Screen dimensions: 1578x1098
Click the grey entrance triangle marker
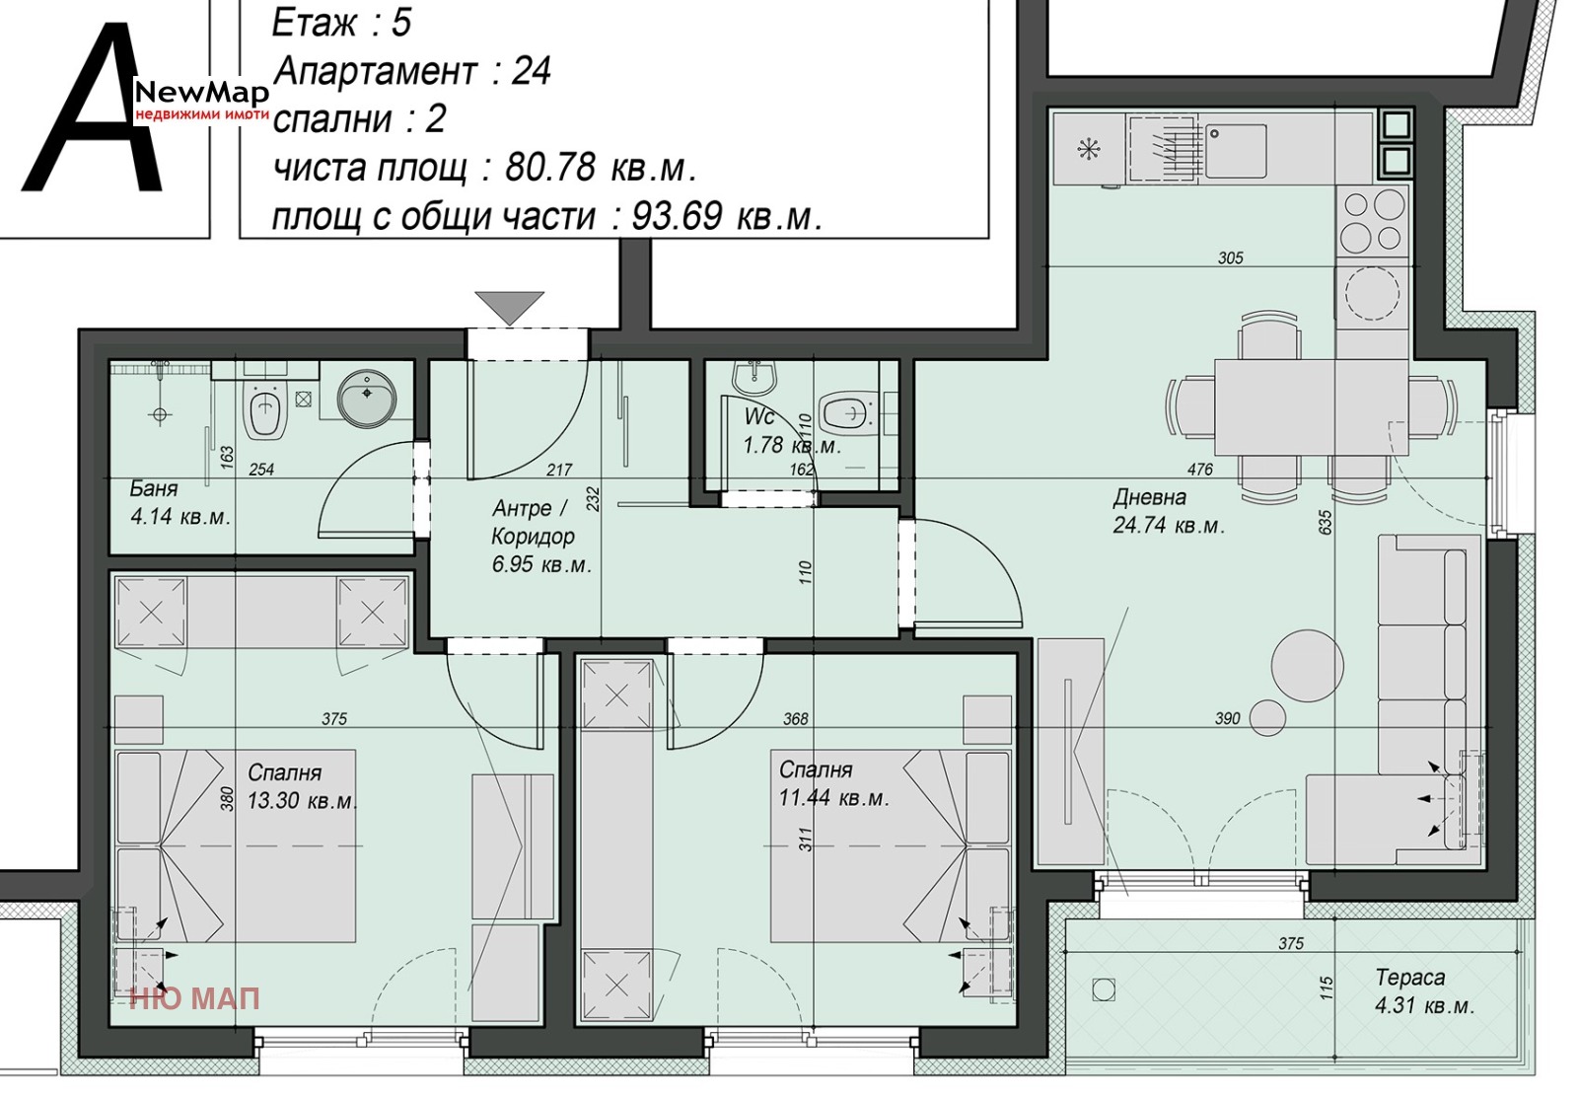509,305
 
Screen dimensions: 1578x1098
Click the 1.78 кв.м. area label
793,445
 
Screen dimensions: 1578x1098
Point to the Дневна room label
1150,497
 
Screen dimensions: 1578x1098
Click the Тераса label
1409,978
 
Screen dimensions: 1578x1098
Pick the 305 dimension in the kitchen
1231,257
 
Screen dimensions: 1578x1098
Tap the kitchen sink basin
1236,151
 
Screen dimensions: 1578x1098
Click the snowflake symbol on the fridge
1089,149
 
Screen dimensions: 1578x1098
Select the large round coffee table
1308,665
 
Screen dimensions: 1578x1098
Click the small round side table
1266,718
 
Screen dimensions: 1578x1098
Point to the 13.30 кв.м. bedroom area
302,801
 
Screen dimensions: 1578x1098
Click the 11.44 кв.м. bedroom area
834,798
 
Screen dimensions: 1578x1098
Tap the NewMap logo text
202,92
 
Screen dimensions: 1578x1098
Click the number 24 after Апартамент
532,70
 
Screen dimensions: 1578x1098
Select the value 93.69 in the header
677,216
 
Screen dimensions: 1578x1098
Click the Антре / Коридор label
534,522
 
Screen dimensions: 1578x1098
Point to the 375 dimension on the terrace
1291,943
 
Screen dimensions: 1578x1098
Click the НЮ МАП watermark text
195,998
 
